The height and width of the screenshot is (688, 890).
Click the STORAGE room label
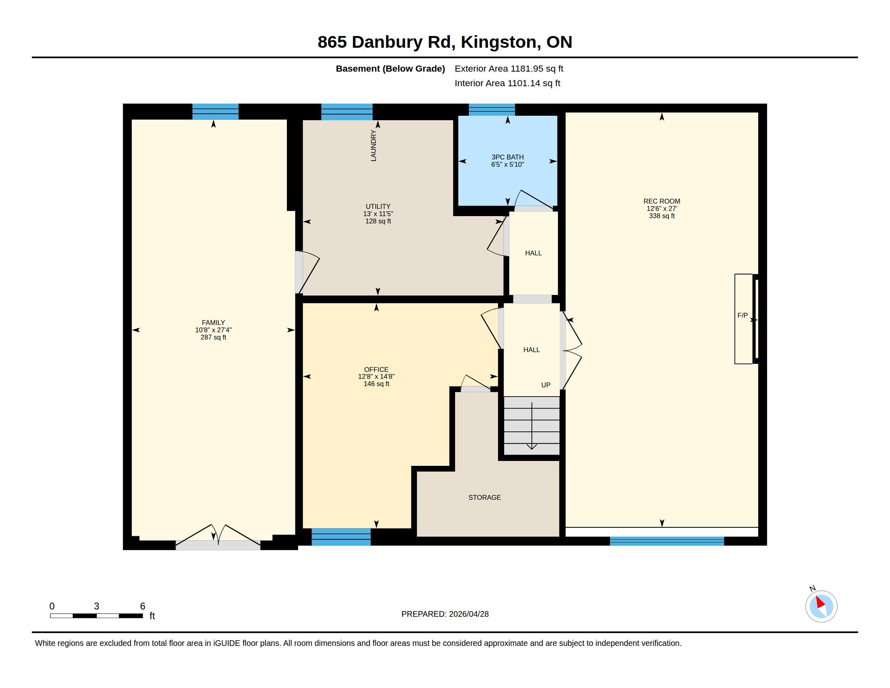[485, 497]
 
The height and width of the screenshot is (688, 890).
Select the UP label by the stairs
[546, 385]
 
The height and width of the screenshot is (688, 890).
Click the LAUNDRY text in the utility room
[374, 146]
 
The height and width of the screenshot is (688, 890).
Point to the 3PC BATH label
[508, 157]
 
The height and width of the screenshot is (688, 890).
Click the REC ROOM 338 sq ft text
[662, 216]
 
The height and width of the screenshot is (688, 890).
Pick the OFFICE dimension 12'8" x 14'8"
[377, 377]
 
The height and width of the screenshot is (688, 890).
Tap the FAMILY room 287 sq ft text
[214, 338]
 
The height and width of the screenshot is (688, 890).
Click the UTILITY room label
[378, 206]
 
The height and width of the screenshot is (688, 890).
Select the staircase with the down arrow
[532, 425]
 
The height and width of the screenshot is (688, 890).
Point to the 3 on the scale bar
[97, 606]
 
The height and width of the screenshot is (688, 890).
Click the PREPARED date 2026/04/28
[468, 614]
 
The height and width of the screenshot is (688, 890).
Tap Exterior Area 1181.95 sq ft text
[509, 68]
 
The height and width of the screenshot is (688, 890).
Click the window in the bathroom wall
[492, 110]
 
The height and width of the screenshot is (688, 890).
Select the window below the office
[341, 537]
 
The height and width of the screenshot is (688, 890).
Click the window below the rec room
[667, 541]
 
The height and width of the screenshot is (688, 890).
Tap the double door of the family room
[218, 537]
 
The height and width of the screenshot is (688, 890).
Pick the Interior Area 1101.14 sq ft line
[507, 83]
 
